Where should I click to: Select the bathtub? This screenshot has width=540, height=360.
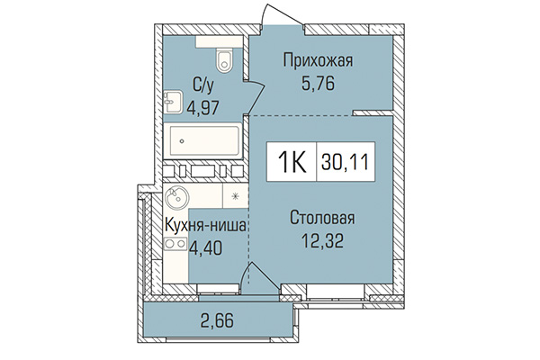point(205,140)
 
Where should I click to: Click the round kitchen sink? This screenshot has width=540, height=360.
point(175,197)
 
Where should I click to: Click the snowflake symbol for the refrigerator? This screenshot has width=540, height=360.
point(235,196)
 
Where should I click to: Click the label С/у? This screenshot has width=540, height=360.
point(202,85)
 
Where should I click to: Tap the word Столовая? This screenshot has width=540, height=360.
point(322,218)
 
